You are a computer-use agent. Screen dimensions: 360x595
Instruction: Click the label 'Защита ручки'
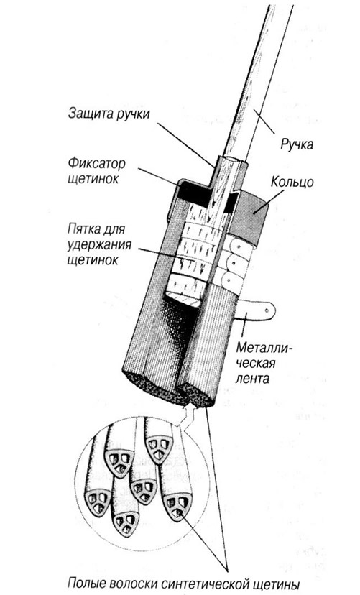109,114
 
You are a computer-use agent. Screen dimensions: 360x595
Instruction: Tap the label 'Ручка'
297,144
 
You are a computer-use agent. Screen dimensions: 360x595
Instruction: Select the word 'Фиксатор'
97,164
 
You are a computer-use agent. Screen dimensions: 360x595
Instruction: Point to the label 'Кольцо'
292,182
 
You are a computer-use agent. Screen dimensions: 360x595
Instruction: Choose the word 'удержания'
99,245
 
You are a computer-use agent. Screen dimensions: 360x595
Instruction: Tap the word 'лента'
252,378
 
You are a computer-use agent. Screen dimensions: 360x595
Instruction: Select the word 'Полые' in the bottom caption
84,583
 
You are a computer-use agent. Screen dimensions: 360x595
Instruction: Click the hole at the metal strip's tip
267,310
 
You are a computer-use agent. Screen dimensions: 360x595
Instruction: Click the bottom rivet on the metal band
229,281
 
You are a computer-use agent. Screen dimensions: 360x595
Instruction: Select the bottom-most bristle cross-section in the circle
125,525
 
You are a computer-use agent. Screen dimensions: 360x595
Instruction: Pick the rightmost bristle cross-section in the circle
177,506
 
